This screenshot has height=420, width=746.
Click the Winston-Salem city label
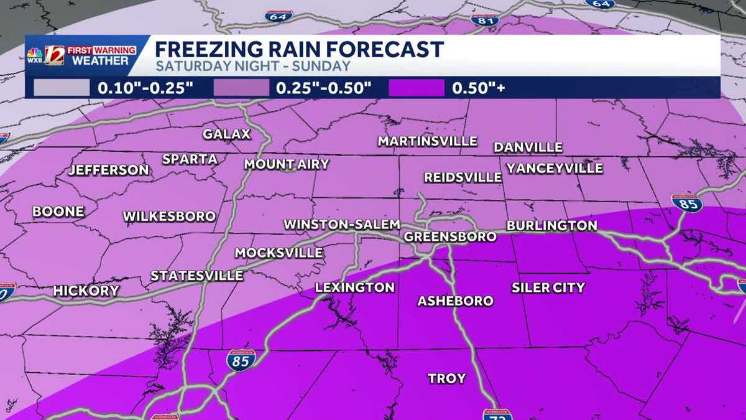coord(336,225)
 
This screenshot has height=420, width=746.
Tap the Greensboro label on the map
coord(450,236)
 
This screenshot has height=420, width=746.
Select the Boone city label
coord(58,212)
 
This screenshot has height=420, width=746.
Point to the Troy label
coord(446,378)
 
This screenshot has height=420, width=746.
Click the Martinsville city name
coord(427,141)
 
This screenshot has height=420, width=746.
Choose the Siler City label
coord(548,287)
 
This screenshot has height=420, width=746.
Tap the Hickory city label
coord(86,291)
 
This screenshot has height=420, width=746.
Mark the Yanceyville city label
coord(555,168)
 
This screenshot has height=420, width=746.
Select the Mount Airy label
coord(286,164)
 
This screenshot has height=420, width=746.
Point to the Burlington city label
coord(551,225)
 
